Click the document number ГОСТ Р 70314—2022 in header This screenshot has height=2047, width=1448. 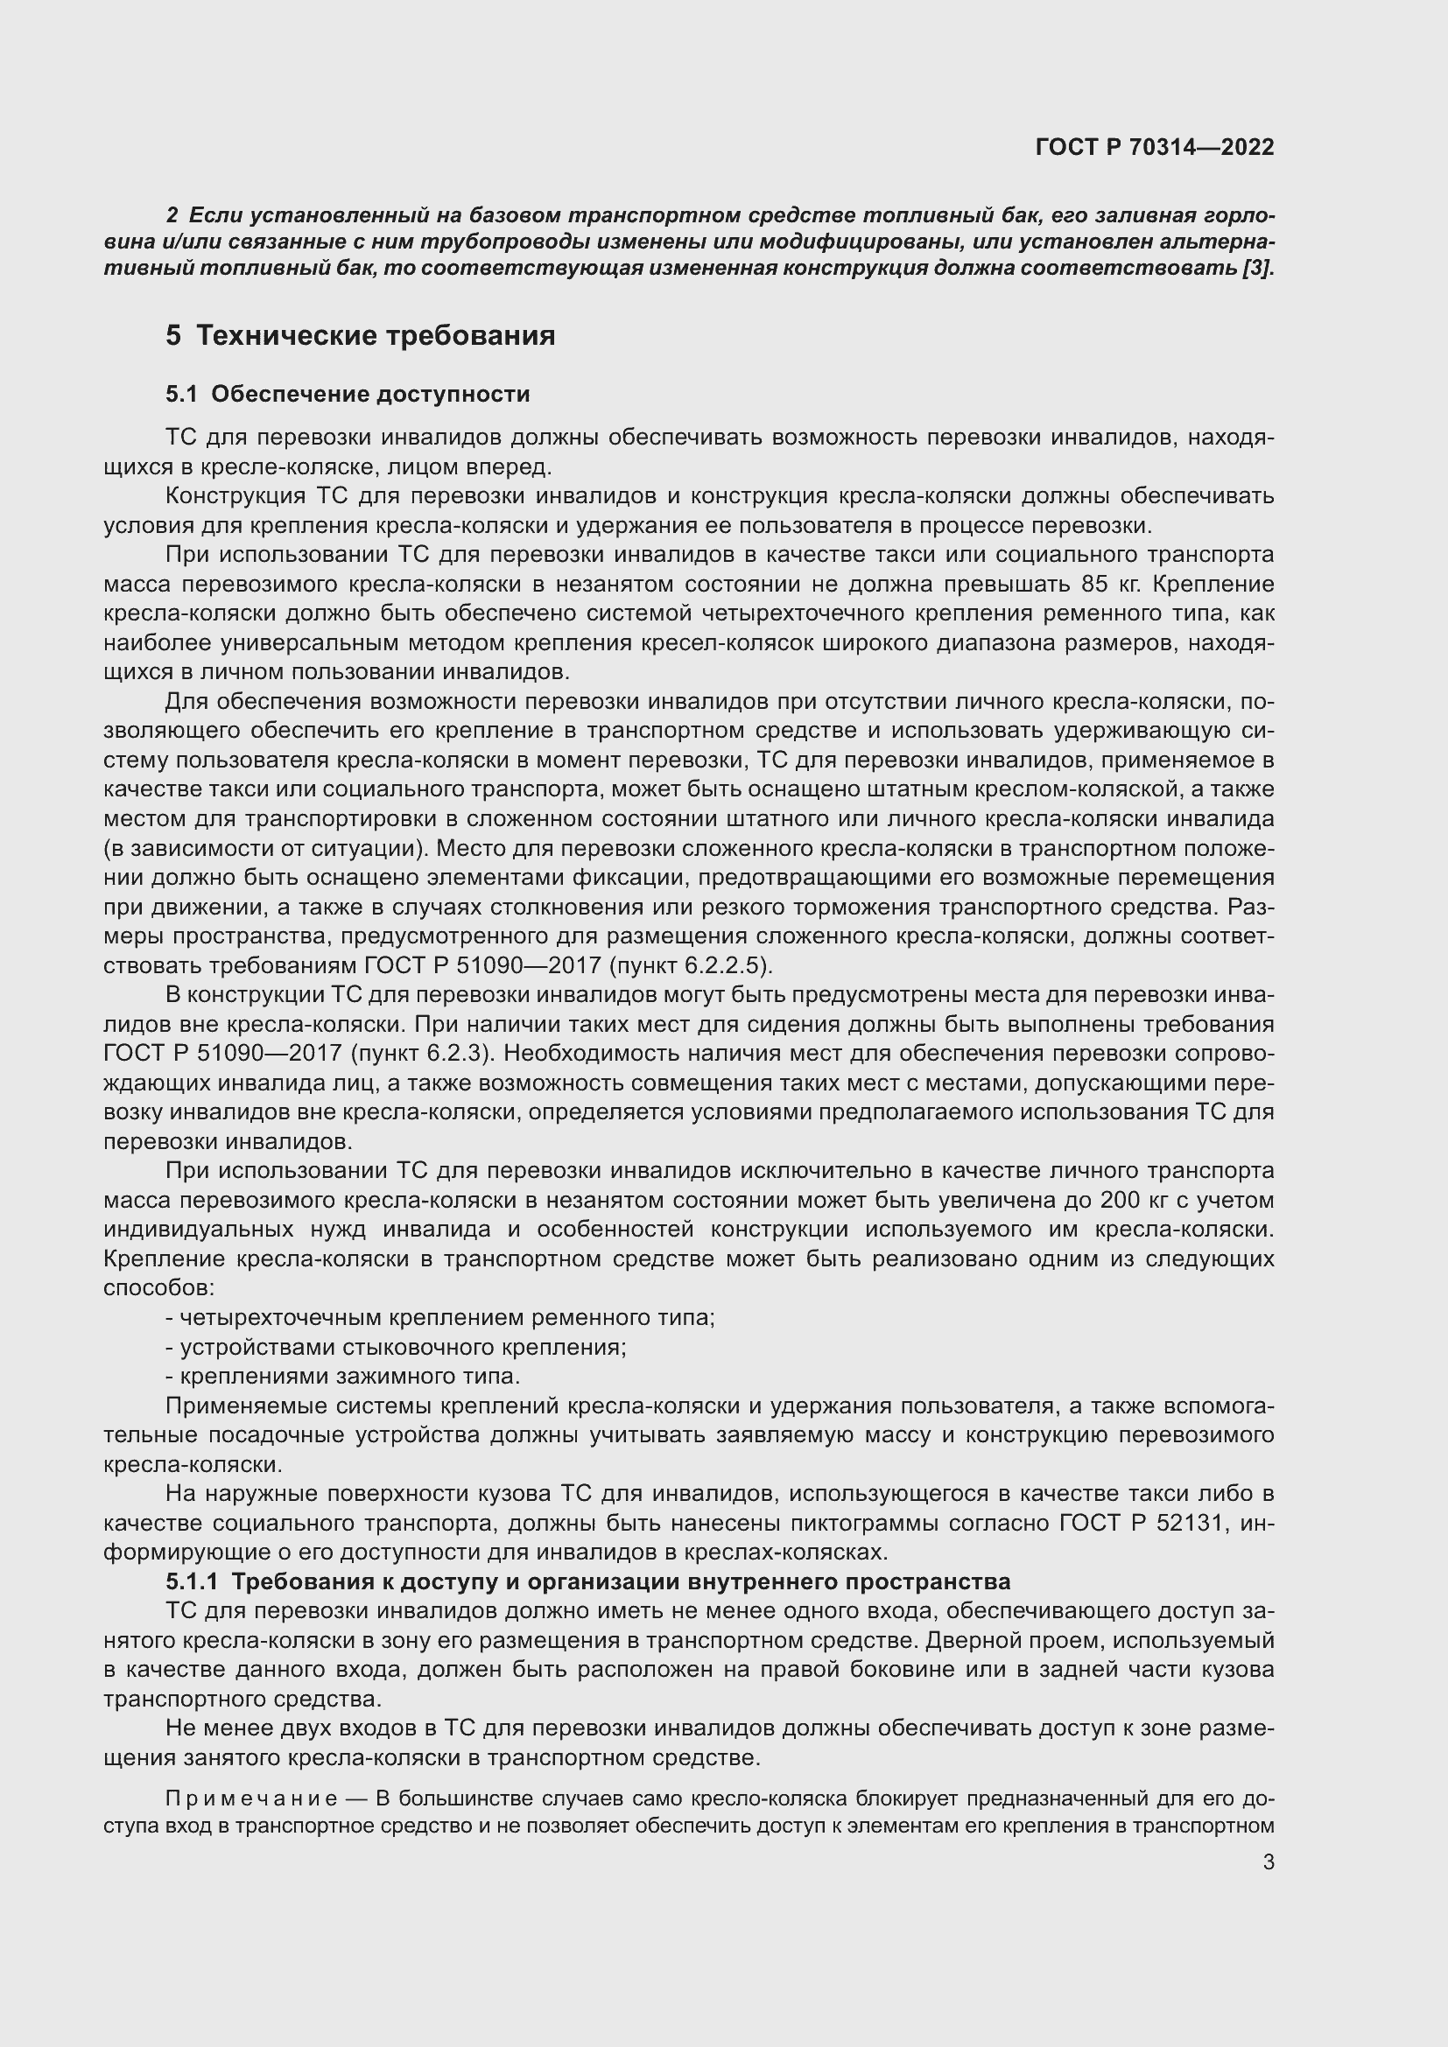tap(1155, 147)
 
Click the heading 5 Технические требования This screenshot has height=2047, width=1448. tap(360, 336)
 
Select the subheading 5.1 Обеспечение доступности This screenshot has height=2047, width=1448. tap(348, 394)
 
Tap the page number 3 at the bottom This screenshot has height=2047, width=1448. tap(1269, 1861)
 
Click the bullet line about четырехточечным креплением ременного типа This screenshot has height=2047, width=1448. tap(440, 1318)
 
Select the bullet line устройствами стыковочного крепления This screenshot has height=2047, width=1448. tap(397, 1347)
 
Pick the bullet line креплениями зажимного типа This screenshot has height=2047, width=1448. tap(343, 1377)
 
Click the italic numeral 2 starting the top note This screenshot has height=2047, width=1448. tap(172, 216)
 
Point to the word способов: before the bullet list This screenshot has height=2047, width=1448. tap(158, 1288)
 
